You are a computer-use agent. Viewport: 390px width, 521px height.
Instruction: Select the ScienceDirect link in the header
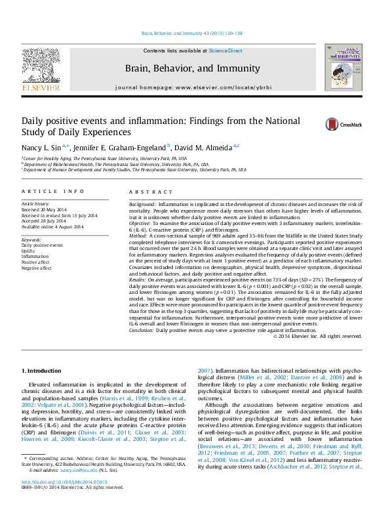[x=225, y=51]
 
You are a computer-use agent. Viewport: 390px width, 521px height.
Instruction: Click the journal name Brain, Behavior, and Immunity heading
[x=192, y=68]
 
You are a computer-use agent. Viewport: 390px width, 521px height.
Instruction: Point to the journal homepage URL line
[x=192, y=87]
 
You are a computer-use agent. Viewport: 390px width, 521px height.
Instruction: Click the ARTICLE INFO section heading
[x=53, y=191]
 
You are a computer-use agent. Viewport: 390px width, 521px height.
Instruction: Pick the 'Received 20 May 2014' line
[x=44, y=210]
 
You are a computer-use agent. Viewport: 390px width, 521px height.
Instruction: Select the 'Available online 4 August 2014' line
[x=52, y=227]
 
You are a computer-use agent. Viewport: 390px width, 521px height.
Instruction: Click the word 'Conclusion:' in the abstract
[x=142, y=331]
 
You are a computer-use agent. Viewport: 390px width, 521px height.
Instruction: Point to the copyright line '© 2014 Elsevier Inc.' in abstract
[x=317, y=337]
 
